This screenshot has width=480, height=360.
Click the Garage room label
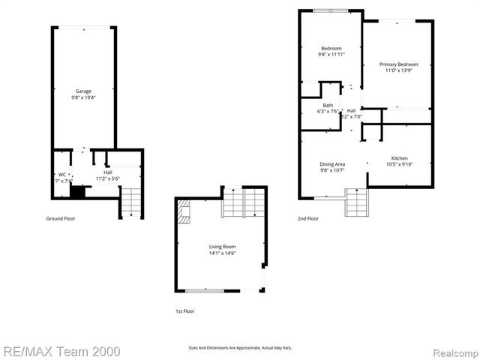(83, 91)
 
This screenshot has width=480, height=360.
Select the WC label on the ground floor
(62, 174)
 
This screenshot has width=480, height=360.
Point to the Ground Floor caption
(61, 218)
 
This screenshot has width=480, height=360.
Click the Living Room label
(222, 247)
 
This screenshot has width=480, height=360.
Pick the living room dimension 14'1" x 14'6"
(222, 253)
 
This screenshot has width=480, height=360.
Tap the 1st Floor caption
(184, 310)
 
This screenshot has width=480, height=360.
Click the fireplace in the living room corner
(184, 214)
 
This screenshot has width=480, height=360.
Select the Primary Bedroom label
(398, 64)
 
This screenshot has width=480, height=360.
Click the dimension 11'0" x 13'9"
(398, 71)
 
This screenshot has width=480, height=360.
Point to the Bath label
(328, 105)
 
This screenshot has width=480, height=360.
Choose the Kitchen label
(399, 158)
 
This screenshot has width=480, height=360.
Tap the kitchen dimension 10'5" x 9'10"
(399, 164)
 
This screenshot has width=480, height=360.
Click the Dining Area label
(332, 163)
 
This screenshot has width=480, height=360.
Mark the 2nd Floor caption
(307, 218)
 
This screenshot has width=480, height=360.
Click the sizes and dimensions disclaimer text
(240, 348)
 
